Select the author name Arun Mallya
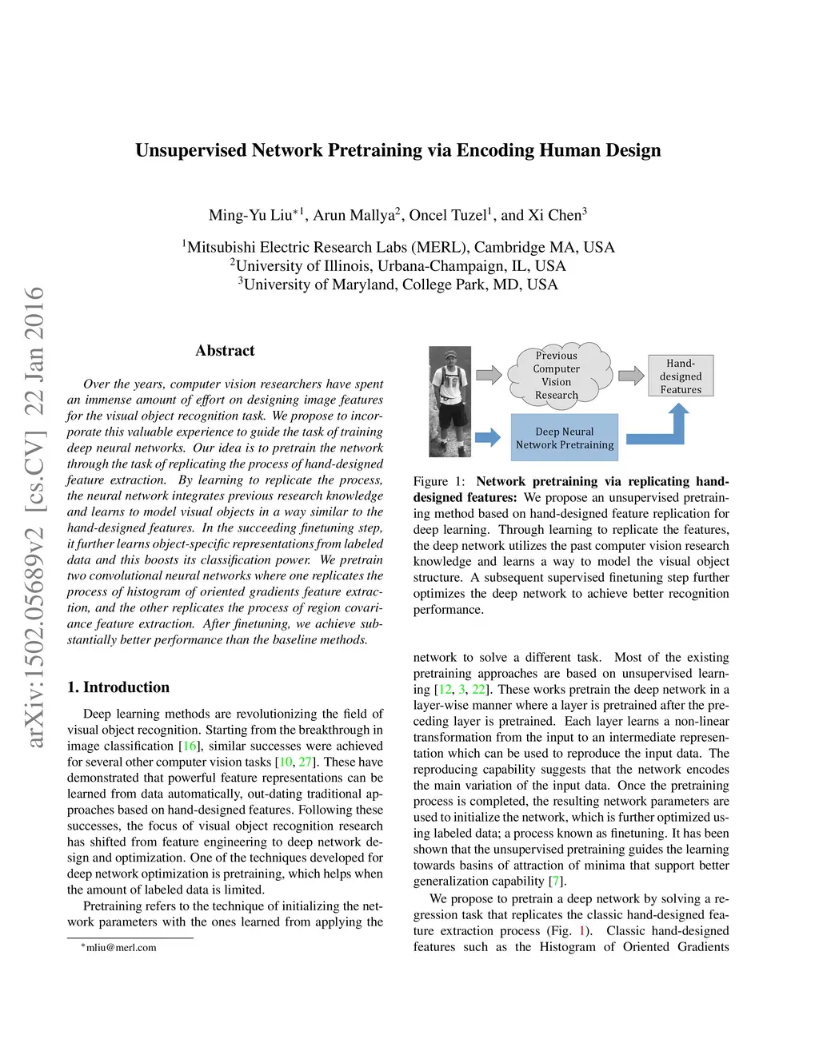[x=354, y=215]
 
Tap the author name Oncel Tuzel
[x=447, y=215]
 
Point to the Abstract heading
[x=225, y=350]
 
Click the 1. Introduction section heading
[x=118, y=687]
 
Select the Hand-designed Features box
[x=681, y=376]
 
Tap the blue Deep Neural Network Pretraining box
[x=565, y=438]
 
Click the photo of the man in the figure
[x=449, y=401]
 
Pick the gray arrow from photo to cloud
[x=489, y=374]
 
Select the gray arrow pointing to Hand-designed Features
[x=631, y=375]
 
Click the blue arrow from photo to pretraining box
[x=487, y=437]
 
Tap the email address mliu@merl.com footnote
[x=121, y=947]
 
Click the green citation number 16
[x=190, y=746]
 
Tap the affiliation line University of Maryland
[x=398, y=285]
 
